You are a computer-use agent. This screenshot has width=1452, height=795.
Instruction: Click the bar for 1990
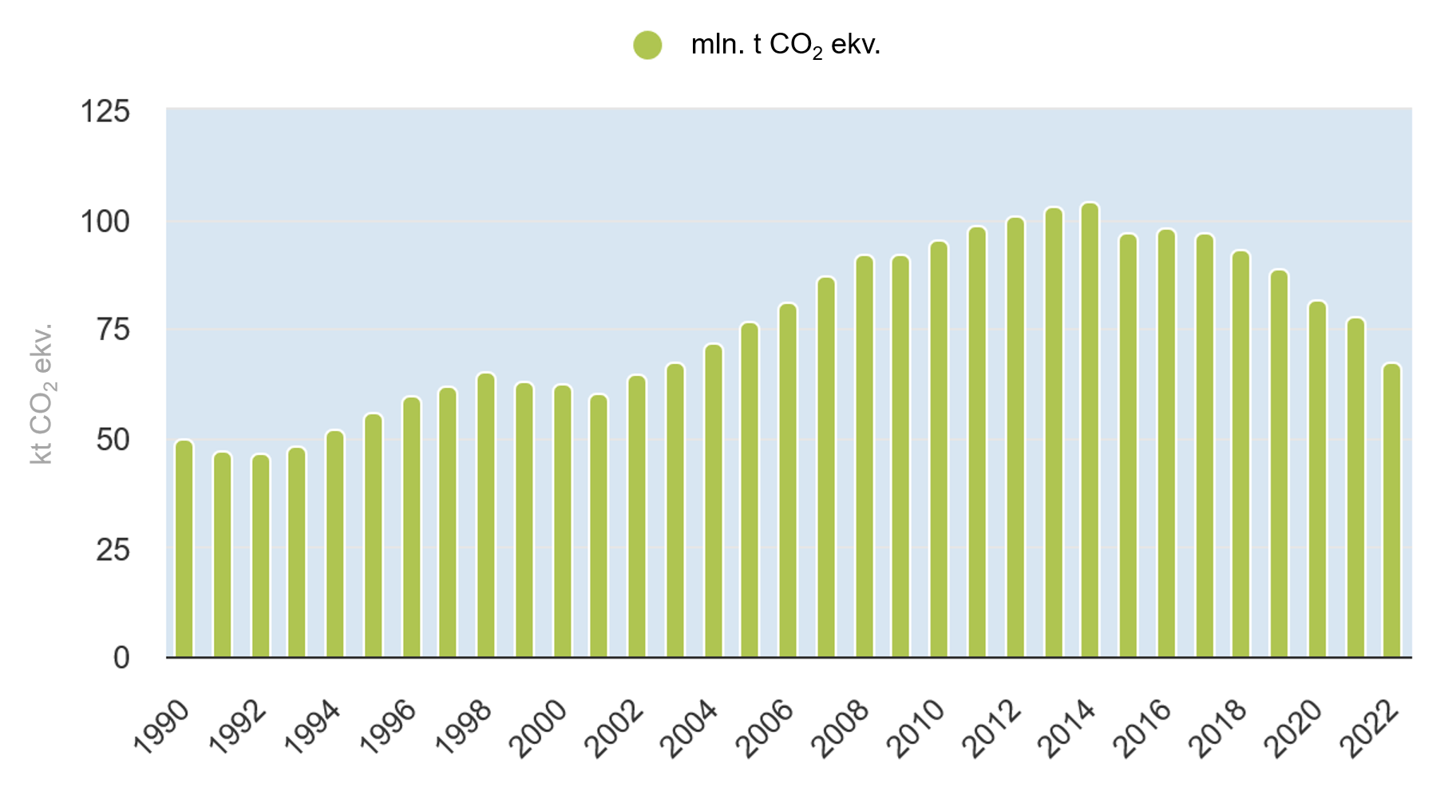point(184,548)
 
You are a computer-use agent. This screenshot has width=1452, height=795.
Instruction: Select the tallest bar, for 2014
point(1090,430)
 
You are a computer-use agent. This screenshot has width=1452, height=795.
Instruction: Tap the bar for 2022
point(1391,511)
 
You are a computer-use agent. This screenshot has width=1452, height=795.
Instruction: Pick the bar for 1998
point(486,516)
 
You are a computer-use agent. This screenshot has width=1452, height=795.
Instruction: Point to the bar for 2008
point(864,457)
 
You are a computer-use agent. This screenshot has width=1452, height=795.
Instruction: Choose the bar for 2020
point(1317,479)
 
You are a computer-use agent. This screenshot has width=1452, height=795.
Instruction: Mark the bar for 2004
point(713,500)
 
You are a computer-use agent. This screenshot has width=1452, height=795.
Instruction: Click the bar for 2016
point(1166,444)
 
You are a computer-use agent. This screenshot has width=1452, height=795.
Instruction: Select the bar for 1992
point(260,556)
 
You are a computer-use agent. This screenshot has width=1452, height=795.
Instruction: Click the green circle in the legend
point(647,45)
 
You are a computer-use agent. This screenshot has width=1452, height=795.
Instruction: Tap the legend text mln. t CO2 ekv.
point(785,45)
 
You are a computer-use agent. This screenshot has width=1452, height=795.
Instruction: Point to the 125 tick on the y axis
point(105,112)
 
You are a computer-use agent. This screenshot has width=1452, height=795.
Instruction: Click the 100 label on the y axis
point(105,221)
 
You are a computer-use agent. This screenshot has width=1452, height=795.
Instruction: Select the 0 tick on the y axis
point(121,658)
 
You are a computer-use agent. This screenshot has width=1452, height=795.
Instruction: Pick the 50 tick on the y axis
point(113,440)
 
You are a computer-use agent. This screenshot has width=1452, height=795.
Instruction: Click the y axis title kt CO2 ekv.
point(42,394)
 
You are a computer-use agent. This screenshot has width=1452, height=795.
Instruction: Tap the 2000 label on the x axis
point(536,728)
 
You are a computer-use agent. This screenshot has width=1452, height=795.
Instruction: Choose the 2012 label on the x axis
point(990,728)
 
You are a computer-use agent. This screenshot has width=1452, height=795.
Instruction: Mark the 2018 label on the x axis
point(1217,728)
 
